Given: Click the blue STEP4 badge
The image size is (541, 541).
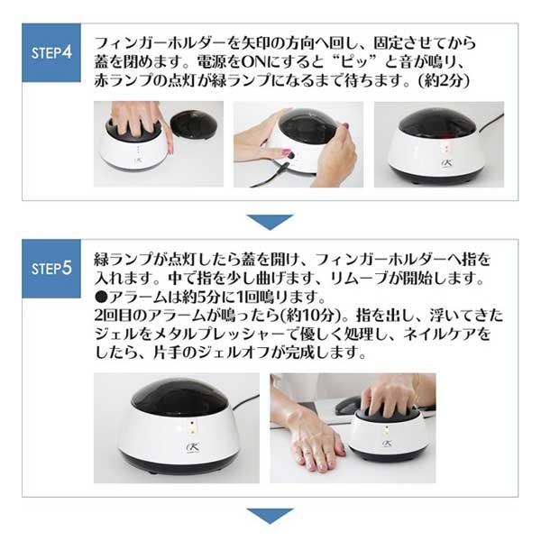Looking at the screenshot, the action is [51, 52].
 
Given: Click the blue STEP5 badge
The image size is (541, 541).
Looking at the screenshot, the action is [51, 269].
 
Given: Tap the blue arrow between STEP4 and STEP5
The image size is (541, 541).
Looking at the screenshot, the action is [270, 222].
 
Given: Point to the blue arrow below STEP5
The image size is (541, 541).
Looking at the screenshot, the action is [270, 516].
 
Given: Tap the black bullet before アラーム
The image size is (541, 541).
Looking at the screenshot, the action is [102, 297].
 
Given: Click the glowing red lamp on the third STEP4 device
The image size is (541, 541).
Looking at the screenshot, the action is [447, 147].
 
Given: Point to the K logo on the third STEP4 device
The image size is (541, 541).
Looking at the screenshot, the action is [446, 163].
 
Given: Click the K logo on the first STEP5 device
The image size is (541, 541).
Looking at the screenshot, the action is [193, 447].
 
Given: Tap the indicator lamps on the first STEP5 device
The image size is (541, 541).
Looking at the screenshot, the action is [193, 426].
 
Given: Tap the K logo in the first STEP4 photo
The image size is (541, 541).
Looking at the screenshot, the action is [137, 160].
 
